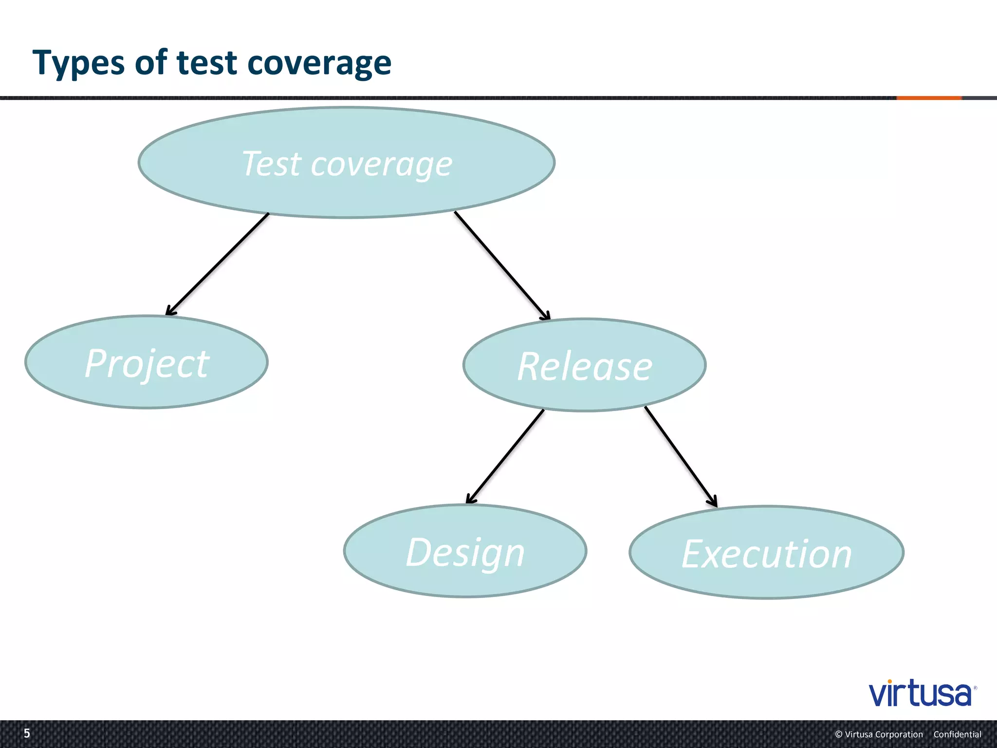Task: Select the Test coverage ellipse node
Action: tap(347, 163)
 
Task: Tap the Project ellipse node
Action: tap(147, 362)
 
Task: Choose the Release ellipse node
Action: tap(584, 365)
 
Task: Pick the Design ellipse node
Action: tap(465, 551)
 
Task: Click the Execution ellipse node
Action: tap(766, 553)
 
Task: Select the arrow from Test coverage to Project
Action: tap(218, 264)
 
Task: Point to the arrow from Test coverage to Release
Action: tap(501, 265)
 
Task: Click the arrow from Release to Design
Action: tap(505, 456)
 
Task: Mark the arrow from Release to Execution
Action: tap(681, 456)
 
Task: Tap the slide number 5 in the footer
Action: tap(27, 733)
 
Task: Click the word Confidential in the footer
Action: tap(957, 734)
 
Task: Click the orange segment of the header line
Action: tap(929, 98)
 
